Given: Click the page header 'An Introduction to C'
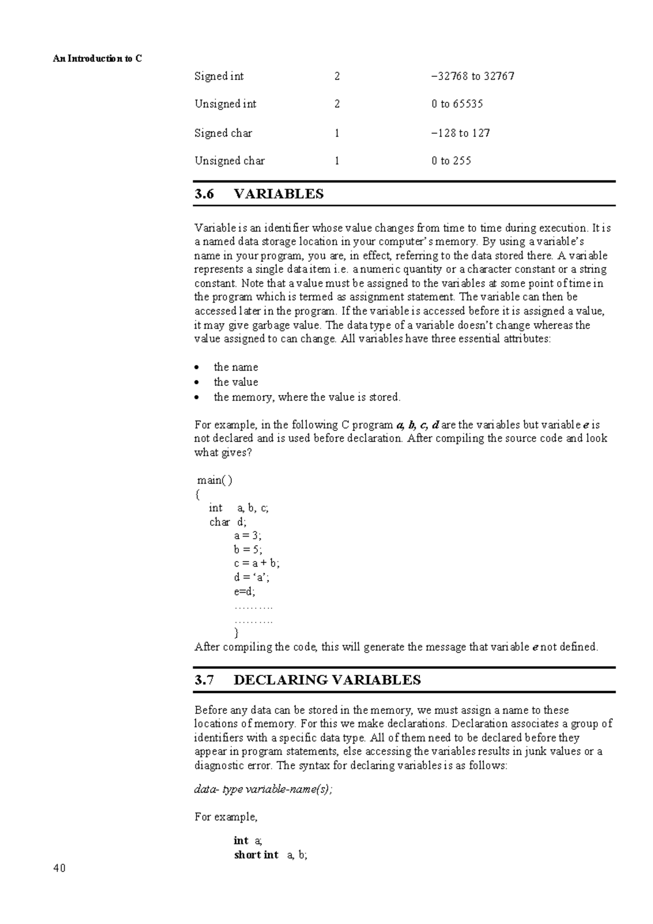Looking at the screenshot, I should point(97,58).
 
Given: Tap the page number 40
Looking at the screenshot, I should point(59,868).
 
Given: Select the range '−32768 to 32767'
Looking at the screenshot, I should point(472,76).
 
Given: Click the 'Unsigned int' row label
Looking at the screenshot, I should point(225,104).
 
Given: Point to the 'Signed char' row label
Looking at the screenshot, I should point(223,133).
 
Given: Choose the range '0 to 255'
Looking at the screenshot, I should point(451,161).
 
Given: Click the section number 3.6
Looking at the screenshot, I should point(205,194).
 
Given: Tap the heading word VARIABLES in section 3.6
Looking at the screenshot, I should point(279,194).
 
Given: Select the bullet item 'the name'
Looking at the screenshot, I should point(236,367).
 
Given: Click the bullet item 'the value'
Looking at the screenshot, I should point(236,382).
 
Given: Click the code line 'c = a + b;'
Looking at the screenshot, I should point(257,563).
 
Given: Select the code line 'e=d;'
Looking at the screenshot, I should point(244,591).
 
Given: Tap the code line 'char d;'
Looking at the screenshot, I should point(227,522).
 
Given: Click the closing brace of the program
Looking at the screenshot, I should point(236,632).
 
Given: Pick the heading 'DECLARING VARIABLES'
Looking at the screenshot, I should point(327,680).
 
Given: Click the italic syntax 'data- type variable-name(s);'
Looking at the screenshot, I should point(263,789).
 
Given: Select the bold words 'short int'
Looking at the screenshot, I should point(256,854).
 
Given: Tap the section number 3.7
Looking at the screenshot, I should point(205,680).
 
